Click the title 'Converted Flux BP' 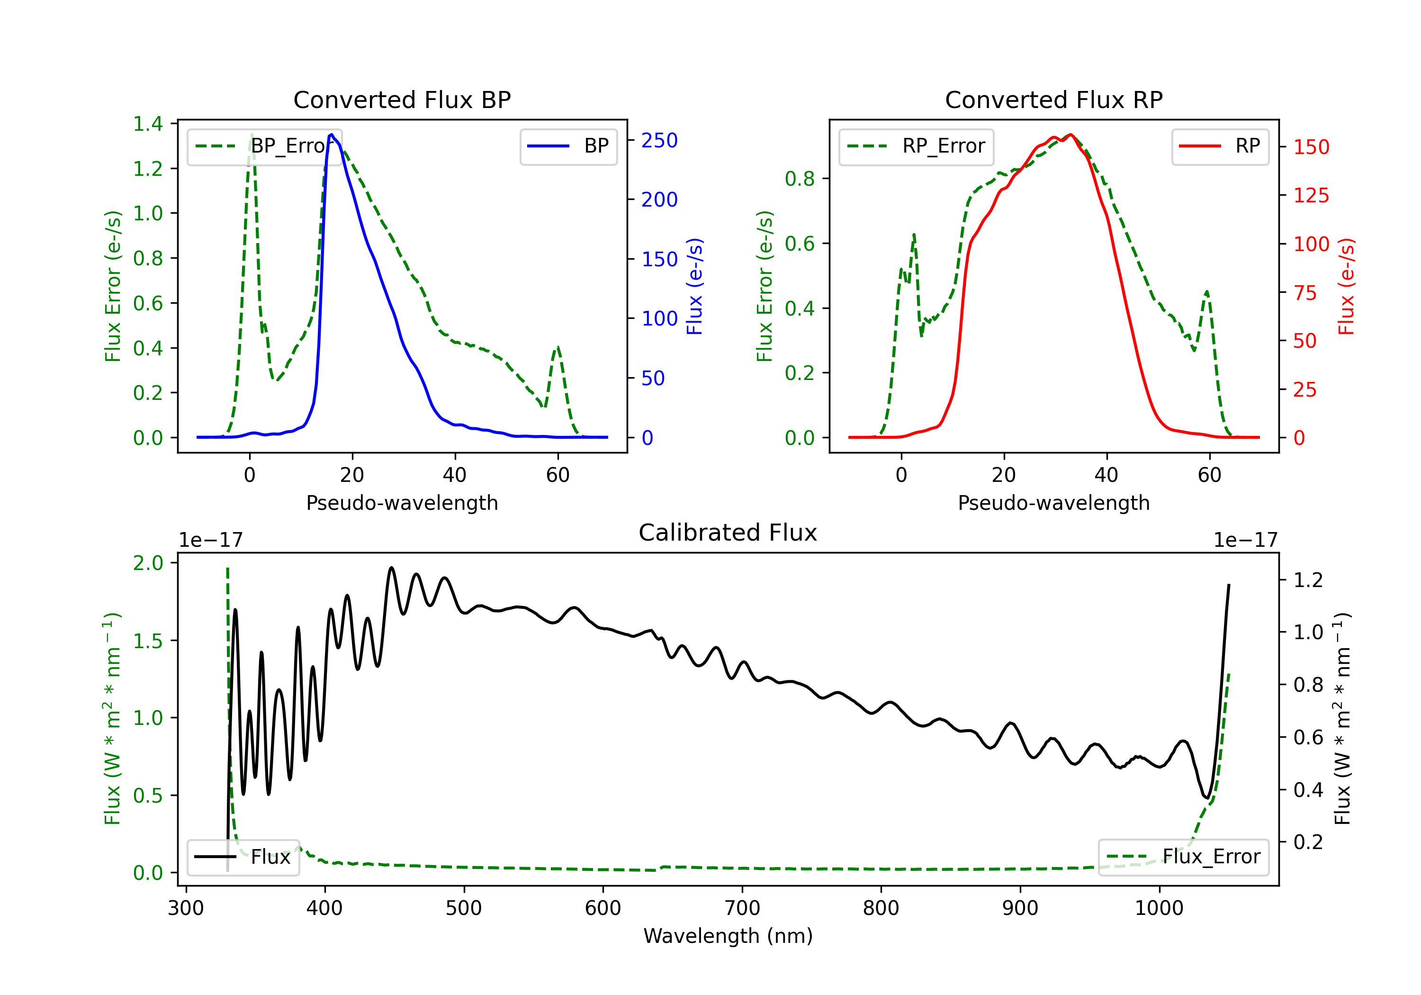402,99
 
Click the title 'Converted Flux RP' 1054,99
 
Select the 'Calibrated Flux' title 728,533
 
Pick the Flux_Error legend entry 1183,857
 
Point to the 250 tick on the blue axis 659,141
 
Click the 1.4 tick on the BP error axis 148,124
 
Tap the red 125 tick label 1311,196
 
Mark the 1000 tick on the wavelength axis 1159,908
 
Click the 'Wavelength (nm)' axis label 728,936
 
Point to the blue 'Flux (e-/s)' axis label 695,286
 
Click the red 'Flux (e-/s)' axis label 1347,286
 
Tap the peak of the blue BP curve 332,135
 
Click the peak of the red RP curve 1070,135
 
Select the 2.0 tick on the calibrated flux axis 148,563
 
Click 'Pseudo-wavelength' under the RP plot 1054,503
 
